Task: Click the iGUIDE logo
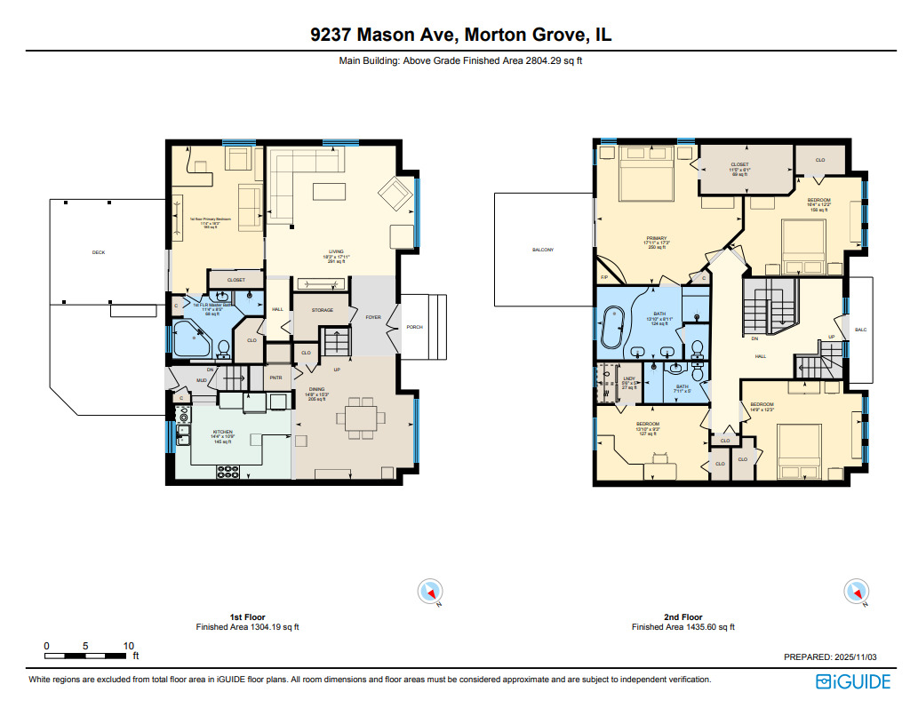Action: click(852, 681)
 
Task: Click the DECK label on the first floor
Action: click(99, 252)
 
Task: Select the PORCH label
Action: click(414, 327)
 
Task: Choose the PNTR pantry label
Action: click(275, 377)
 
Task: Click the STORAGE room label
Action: click(321, 310)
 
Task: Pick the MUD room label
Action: click(202, 379)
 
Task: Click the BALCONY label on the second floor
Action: click(543, 250)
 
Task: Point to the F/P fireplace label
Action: click(603, 278)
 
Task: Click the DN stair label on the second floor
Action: click(754, 338)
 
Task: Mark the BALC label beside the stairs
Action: click(859, 330)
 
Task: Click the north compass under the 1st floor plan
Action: click(430, 592)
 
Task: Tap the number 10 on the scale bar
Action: click(129, 646)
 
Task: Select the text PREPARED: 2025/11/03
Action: click(830, 657)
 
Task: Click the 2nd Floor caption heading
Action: click(683, 617)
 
